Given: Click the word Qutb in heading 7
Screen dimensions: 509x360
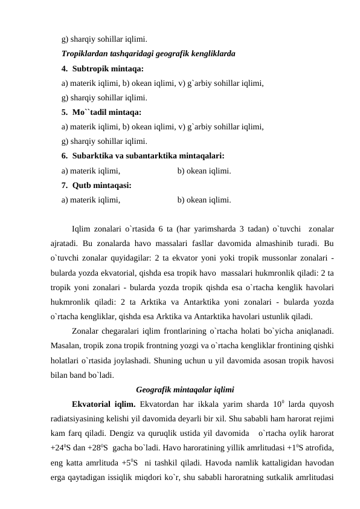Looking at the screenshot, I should coord(81,184).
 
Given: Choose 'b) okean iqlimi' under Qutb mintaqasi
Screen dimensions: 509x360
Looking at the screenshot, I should coord(204,199).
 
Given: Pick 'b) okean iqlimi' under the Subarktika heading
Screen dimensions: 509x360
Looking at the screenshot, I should coord(204,170).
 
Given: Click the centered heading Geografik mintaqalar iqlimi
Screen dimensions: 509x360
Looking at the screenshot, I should coord(185,389).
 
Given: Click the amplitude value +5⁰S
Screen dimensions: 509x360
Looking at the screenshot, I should coord(127,461).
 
